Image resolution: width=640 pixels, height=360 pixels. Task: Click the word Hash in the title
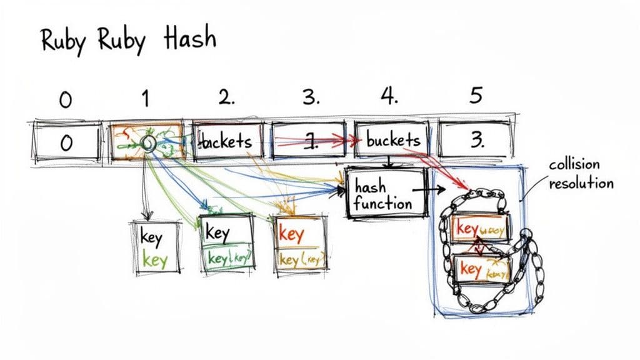coord(189,39)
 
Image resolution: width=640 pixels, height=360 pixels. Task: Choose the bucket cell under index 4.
coord(392,140)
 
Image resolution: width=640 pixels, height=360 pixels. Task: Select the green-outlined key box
coord(226,244)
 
